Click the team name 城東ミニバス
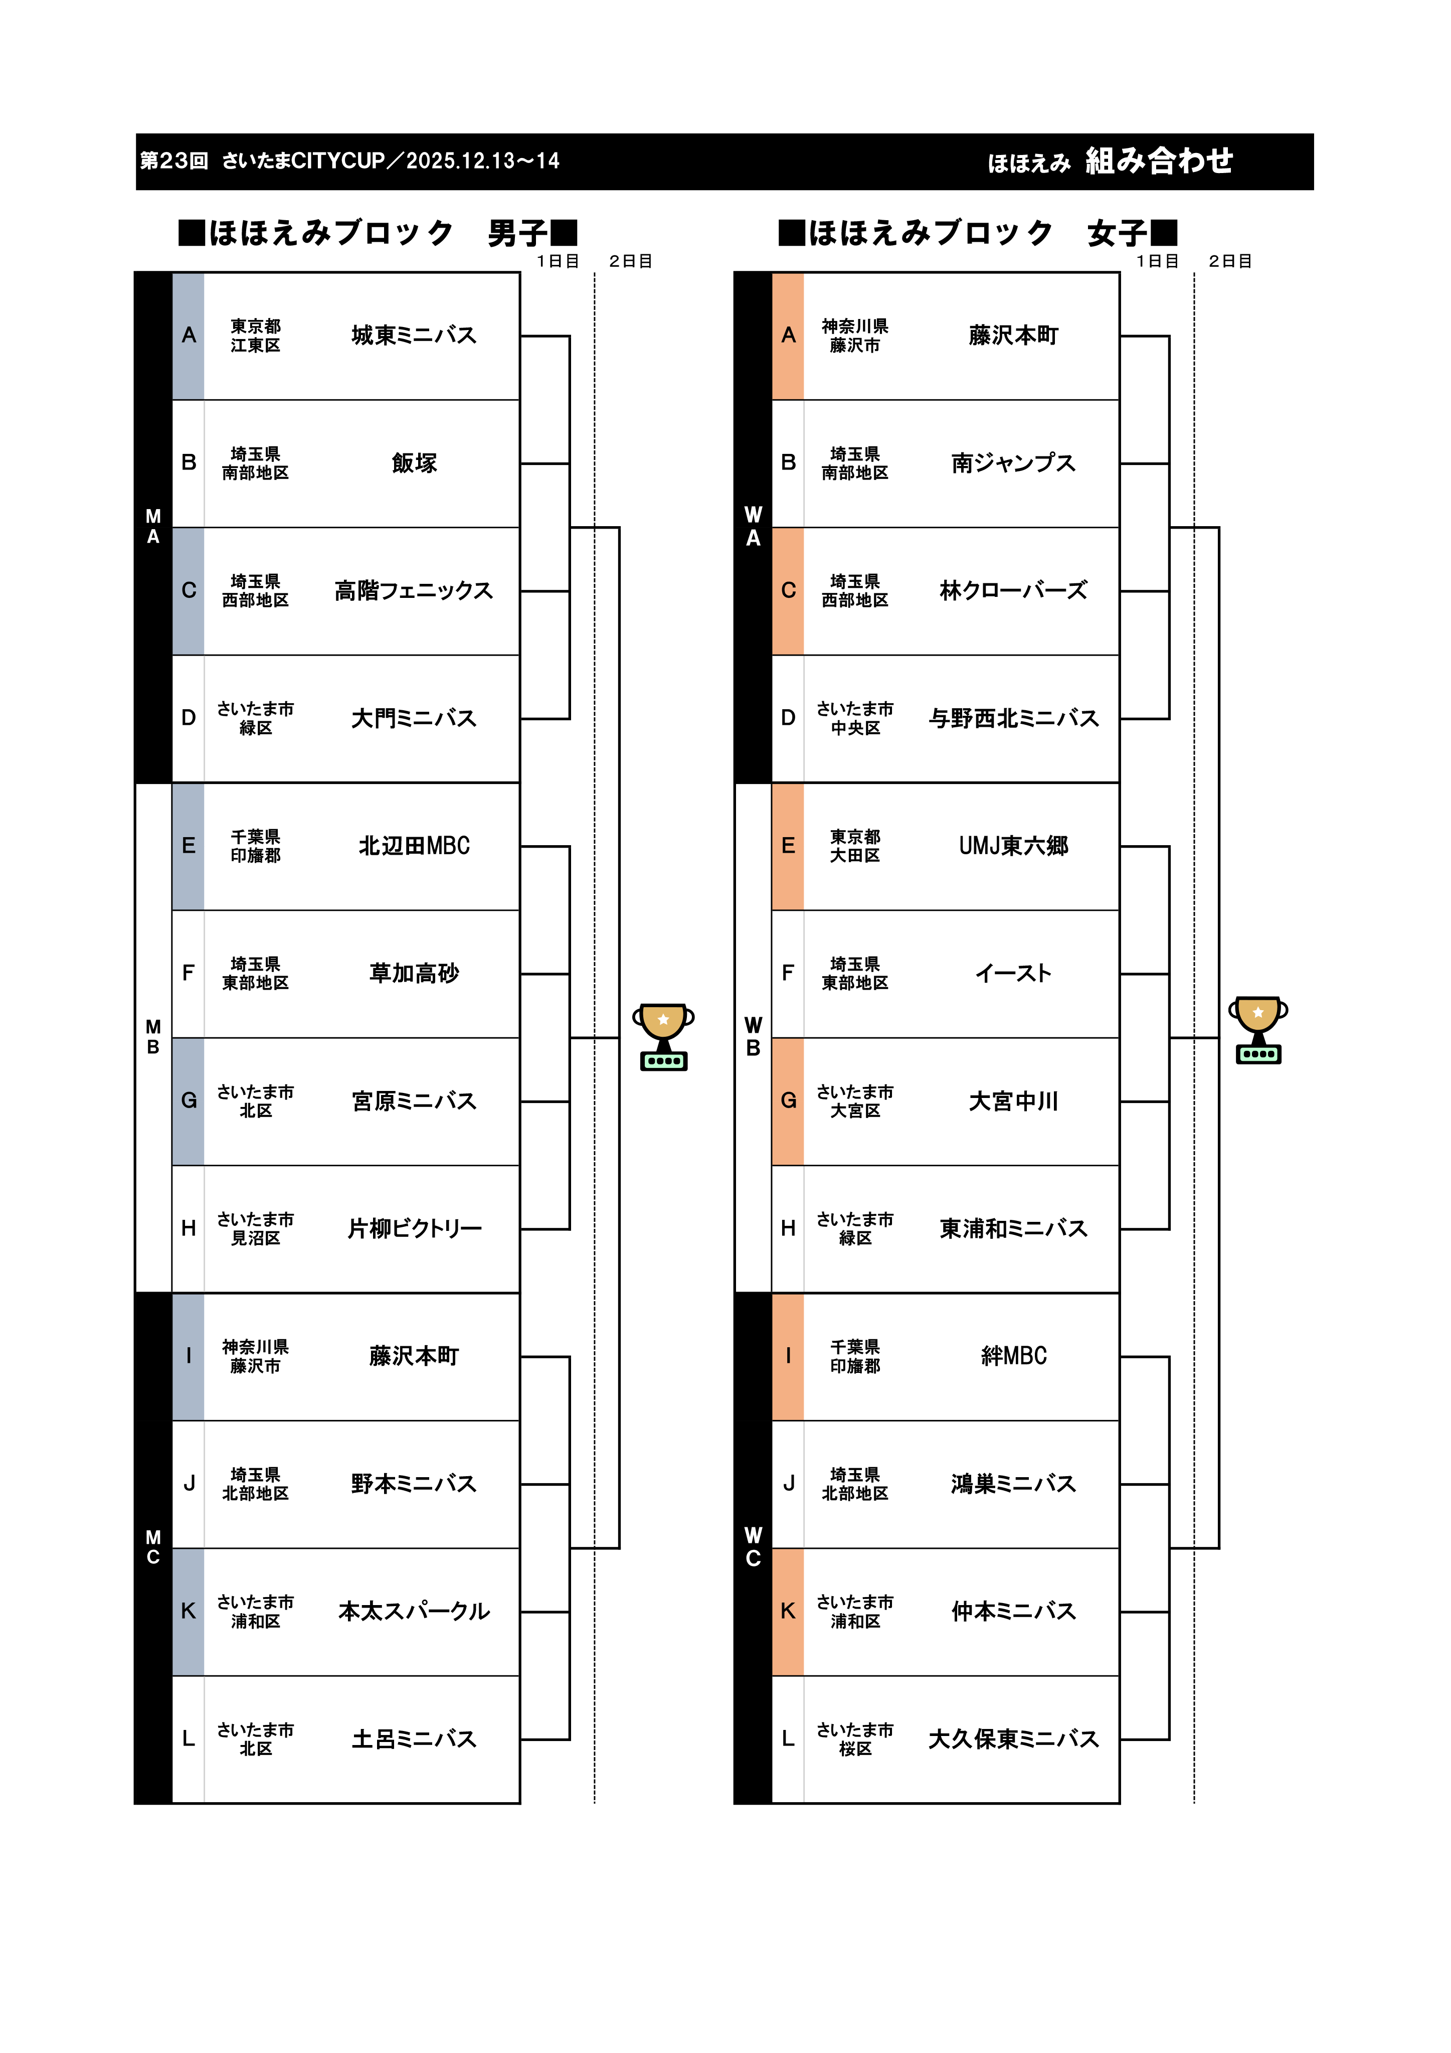414,335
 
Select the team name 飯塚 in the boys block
414,463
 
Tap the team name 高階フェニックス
414,591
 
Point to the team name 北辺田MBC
414,846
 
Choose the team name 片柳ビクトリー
414,1228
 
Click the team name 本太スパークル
414,1611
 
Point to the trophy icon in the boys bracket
663,1037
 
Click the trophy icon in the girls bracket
1258,1030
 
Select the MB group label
153,1037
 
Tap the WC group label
753,1547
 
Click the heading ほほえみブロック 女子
977,233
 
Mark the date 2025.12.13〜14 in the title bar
483,161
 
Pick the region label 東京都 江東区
256,335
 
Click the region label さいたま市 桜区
855,1739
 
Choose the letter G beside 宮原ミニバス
189,1100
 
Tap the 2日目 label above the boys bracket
630,261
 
